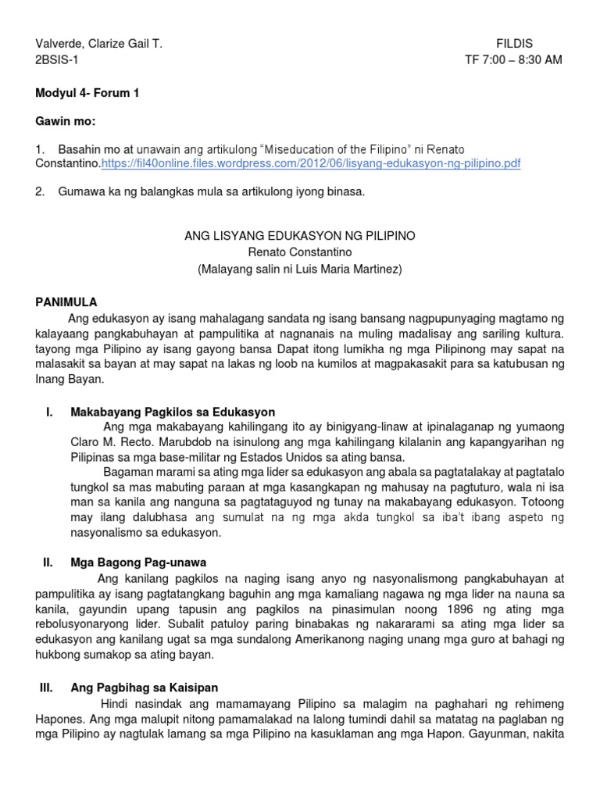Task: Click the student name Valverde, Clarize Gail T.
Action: (99, 45)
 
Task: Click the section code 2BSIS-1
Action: (57, 60)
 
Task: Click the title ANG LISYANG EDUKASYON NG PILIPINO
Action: (299, 235)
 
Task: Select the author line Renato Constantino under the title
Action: (299, 252)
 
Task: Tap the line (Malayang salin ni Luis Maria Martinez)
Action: (299, 268)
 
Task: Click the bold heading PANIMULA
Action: (66, 302)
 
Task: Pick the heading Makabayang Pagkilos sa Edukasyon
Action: (173, 412)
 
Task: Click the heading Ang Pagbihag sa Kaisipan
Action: (145, 687)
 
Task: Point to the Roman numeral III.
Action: (45, 687)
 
